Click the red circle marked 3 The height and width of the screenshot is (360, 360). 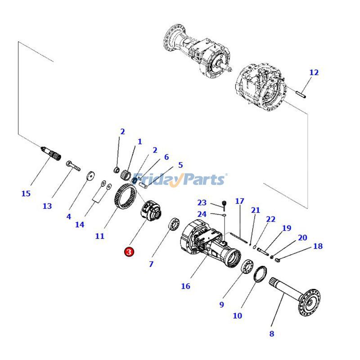click(129, 252)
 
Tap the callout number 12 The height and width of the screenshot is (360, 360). click(314, 72)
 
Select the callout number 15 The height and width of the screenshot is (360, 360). click(26, 193)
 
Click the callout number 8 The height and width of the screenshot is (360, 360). click(271, 333)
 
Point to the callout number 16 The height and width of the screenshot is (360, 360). click(185, 286)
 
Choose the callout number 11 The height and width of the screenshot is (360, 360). click(99, 236)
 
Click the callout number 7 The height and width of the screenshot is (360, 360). click(151, 265)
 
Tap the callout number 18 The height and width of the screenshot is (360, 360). click(318, 246)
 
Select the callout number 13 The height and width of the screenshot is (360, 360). click(47, 206)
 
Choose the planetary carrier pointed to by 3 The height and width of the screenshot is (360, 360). click(150, 211)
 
